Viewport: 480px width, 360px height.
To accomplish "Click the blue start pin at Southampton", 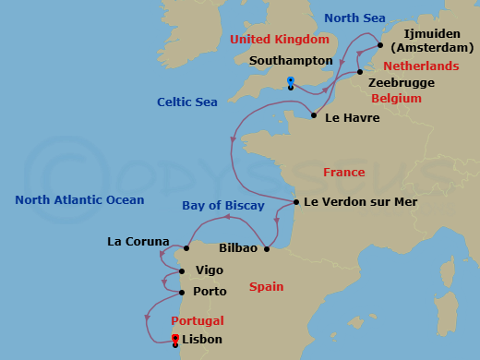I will coord(291,82).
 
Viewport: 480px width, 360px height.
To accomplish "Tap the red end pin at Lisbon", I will coord(175,339).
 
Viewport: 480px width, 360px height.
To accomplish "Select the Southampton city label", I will coord(291,60).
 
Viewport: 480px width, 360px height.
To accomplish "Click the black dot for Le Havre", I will coord(315,115).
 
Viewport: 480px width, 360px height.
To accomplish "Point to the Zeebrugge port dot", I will coord(360,72).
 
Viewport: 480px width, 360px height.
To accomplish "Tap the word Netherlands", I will coord(420,66).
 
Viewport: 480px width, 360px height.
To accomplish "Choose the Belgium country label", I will coord(396,98).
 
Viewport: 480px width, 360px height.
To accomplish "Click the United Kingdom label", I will coord(280,40).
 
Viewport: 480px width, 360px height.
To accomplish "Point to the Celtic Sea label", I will coord(187,102).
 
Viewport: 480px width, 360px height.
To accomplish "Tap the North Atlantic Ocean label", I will coord(79,199).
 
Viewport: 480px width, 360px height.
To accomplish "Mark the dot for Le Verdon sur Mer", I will coord(295,202).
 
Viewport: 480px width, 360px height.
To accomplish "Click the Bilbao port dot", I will coord(266,248).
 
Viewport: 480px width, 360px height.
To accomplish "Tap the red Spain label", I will coord(266,287).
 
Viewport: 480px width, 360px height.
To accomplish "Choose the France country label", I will coord(343,173).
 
